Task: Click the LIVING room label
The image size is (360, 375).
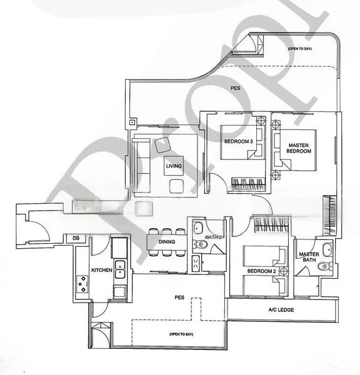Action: click(174, 166)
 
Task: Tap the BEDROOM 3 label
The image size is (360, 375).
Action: click(239, 141)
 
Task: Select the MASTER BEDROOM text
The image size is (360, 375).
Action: click(298, 148)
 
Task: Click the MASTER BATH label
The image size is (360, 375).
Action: click(309, 258)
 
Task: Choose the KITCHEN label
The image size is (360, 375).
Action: click(102, 269)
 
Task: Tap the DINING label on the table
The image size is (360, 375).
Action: click(167, 241)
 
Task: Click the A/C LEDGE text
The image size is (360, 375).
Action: click(281, 310)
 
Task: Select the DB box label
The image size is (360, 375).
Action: click(76, 238)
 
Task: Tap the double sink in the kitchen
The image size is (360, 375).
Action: click(121, 270)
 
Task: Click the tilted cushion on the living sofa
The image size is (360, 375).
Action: click(164, 144)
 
